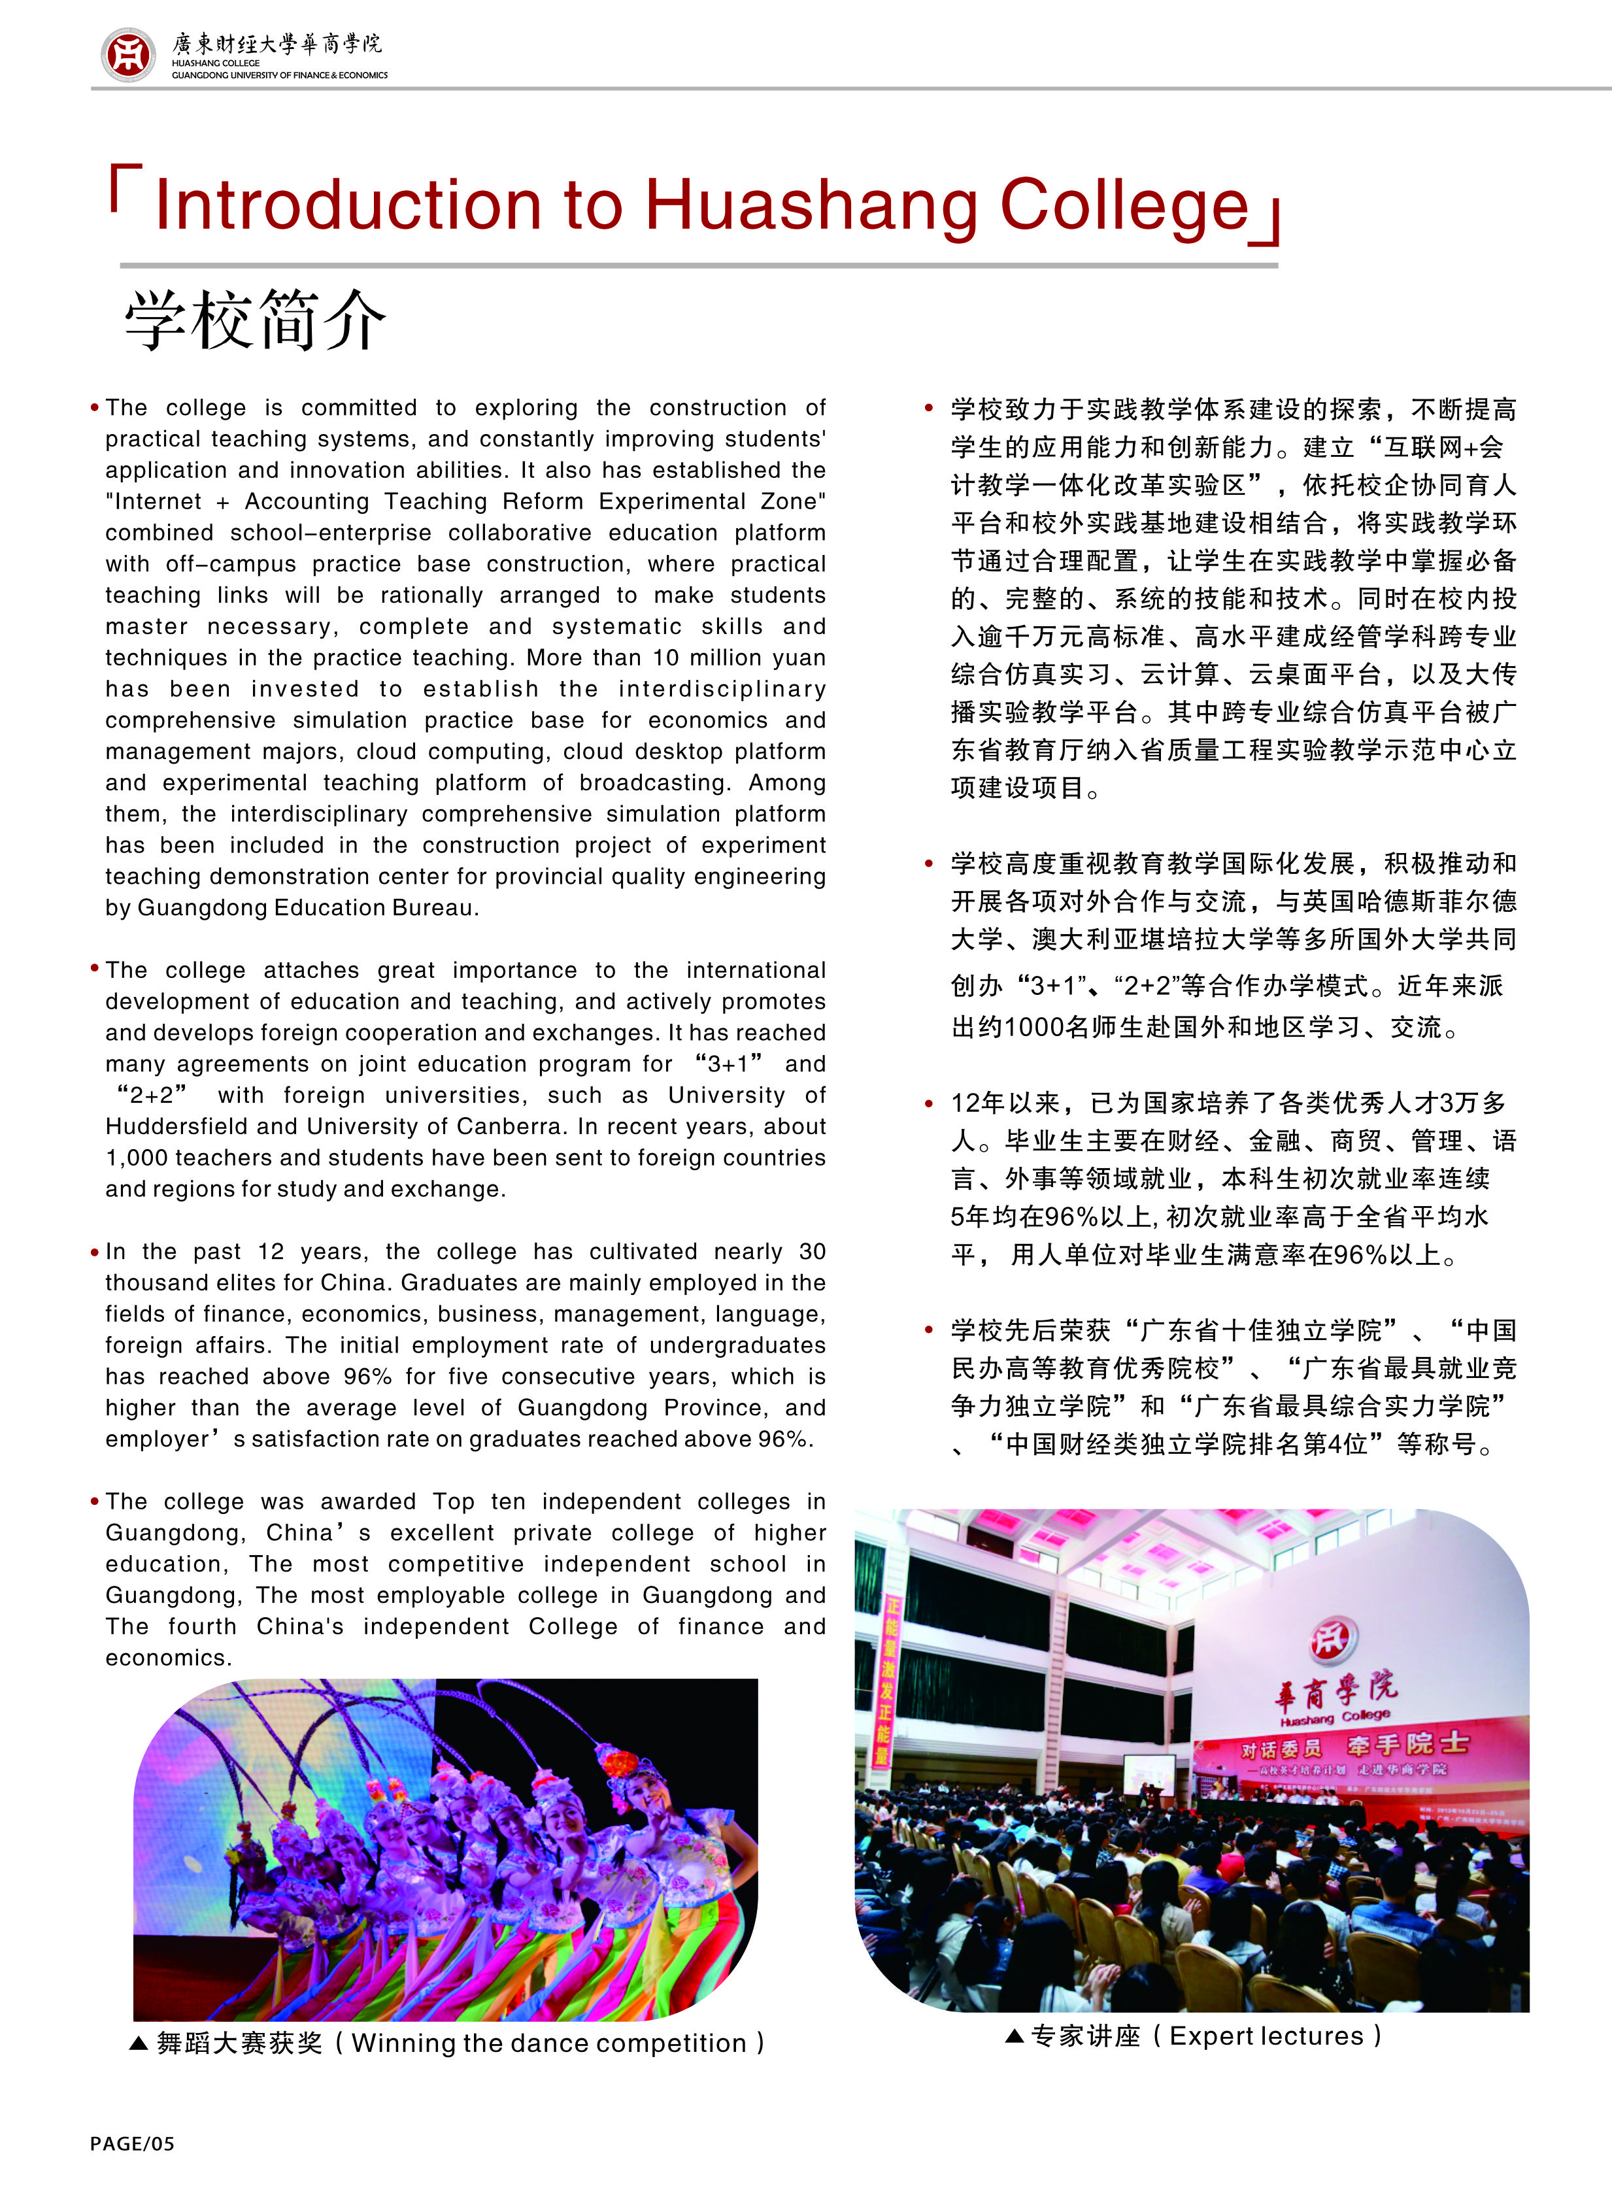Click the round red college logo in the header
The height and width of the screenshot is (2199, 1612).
(128, 55)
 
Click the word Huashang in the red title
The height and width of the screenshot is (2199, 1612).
(811, 205)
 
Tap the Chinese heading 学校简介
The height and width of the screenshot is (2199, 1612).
(255, 320)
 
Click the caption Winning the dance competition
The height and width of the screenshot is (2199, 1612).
(548, 2043)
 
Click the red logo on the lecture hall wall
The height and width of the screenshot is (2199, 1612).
(1333, 1640)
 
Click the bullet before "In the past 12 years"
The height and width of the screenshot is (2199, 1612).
(95, 1252)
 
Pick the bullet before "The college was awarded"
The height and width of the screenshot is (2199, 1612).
(95, 1502)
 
